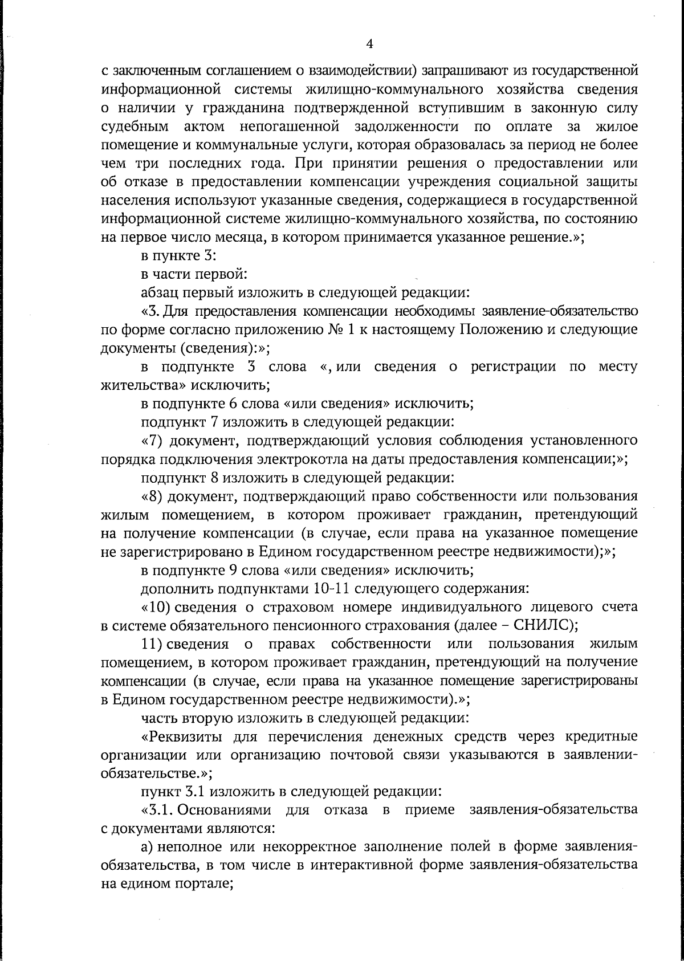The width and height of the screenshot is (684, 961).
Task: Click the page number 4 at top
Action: [x=369, y=43]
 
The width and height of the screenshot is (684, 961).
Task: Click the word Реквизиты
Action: [x=183, y=736]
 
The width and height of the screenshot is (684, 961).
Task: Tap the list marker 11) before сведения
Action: [x=153, y=644]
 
